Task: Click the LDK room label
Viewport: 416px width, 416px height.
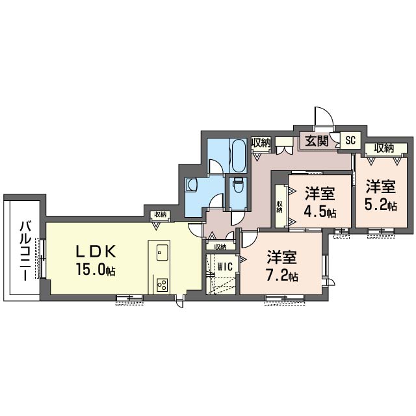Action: coord(96,252)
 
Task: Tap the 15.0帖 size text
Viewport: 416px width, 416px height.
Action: coord(96,270)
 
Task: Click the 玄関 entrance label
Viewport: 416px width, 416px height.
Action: coord(317,140)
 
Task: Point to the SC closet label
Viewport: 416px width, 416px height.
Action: coord(350,140)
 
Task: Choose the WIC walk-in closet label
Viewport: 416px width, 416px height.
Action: coord(225,266)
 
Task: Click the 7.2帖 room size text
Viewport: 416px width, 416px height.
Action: coord(281,277)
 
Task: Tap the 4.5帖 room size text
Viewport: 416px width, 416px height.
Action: coord(320,213)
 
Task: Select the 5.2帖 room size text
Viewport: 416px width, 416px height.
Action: coord(381,205)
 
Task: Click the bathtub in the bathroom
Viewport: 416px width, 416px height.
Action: coord(239,155)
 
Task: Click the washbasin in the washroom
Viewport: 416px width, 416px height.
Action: coord(191,184)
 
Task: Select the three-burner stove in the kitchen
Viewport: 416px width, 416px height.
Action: coord(162,285)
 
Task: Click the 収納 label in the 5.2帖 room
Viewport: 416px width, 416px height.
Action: coord(384,149)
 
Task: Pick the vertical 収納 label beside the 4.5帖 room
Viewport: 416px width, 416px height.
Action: coord(279,207)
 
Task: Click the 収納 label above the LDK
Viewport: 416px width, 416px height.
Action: coord(161,214)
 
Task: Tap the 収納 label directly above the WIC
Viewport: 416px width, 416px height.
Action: coord(220,247)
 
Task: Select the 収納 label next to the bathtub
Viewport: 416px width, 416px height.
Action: coord(261,143)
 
